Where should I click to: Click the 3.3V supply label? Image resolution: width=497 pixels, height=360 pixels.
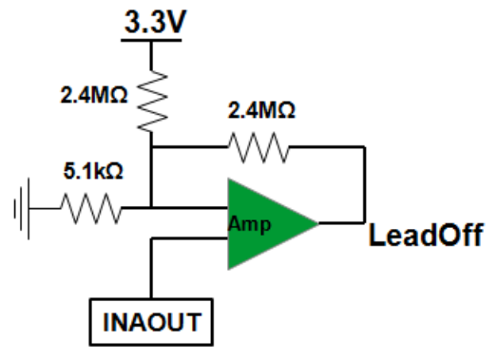155,22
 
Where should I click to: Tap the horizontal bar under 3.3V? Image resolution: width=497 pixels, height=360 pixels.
151,40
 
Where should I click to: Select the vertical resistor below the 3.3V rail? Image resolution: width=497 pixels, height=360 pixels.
152,101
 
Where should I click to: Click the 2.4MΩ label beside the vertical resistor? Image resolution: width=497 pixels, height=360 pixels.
94,94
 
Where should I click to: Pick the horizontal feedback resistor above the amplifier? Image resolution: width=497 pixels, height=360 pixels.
258,147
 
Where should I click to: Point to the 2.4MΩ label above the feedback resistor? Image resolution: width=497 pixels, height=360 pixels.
261,110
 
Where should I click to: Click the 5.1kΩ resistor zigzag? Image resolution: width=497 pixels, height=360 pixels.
91,208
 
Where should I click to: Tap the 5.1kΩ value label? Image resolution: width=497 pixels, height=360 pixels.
93,171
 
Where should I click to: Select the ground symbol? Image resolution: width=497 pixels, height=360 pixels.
22,209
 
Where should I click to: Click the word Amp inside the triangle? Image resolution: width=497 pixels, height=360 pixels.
250,224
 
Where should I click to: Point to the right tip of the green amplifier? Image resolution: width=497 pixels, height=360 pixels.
318,223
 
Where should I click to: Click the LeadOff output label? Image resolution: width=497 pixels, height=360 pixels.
426,235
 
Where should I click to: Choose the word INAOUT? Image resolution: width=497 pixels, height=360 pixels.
152,322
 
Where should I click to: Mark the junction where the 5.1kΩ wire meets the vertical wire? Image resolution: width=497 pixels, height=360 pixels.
151,208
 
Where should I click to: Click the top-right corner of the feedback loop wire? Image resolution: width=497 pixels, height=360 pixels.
365,147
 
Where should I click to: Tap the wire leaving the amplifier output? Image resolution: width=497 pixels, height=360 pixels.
342,223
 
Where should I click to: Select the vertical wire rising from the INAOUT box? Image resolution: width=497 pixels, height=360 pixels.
151,268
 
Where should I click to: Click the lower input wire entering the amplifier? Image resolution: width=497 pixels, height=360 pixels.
189,238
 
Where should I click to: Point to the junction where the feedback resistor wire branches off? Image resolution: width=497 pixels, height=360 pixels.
151,147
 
